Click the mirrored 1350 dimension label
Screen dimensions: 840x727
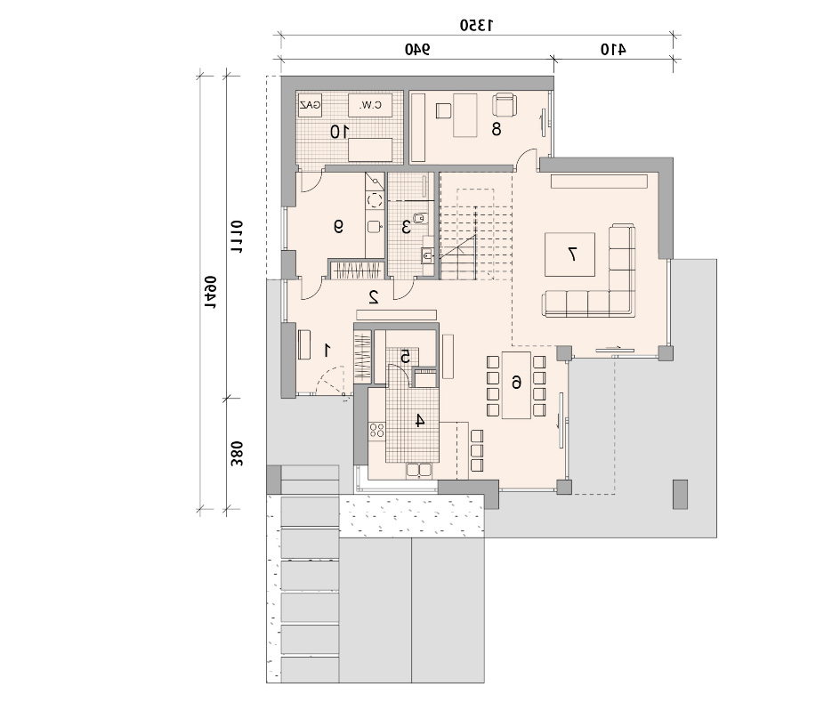click(476, 25)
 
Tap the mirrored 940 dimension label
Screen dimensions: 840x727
click(417, 49)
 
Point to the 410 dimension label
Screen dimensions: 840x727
click(613, 49)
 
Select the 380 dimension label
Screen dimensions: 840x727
click(237, 454)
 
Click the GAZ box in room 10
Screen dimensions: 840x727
click(311, 105)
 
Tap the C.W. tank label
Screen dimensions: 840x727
click(370, 105)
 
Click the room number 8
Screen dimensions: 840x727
click(496, 129)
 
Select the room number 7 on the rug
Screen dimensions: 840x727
click(572, 254)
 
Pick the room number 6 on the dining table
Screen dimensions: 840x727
click(516, 382)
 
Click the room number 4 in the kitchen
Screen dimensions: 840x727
click(420, 421)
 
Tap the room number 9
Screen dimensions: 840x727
click(338, 227)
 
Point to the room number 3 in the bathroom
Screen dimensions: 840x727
click(406, 227)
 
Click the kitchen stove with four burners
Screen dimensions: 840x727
click(376, 430)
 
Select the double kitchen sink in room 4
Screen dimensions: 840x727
click(419, 470)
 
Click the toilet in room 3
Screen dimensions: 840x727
click(422, 218)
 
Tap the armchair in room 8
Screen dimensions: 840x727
click(505, 104)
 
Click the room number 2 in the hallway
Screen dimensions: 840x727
click(374, 296)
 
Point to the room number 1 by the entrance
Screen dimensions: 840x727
click(327, 351)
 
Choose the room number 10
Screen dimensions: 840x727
click(339, 132)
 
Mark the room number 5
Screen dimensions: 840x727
click(406, 356)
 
